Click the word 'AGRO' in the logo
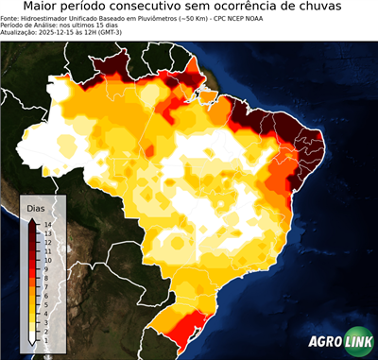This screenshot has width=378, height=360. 327,343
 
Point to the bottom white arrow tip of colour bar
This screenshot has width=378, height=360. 33,345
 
